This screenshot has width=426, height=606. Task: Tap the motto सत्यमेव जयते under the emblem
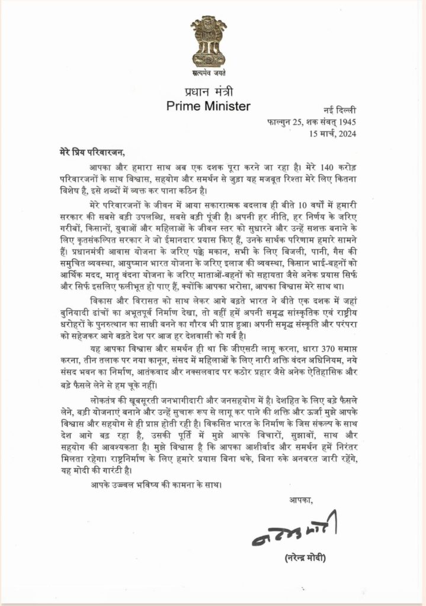point(212,74)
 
